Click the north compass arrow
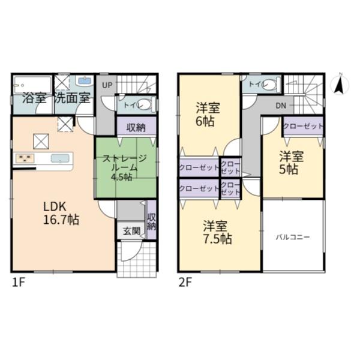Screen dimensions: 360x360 tap(340, 86)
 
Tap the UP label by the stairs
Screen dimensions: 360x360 tap(107, 85)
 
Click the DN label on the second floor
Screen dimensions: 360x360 tap(281, 106)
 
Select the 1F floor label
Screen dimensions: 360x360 tap(18, 283)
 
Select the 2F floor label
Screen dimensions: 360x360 tap(185, 283)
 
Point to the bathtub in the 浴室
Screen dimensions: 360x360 tap(32, 85)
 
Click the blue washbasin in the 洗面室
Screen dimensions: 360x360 tap(85, 80)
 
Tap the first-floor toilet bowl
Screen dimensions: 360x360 tap(145, 104)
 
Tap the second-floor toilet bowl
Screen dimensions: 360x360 tap(270, 84)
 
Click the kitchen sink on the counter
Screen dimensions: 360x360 tap(60, 158)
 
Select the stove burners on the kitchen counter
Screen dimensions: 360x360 tap(25, 158)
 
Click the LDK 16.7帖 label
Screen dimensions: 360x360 tap(61, 213)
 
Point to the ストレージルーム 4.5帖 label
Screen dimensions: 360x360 tap(124, 168)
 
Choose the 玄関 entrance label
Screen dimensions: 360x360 tap(131, 231)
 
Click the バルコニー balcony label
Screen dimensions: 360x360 tap(293, 237)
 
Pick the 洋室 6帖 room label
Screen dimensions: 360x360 tap(208, 115)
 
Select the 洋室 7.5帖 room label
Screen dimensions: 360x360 tap(217, 232)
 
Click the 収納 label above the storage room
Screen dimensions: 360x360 tap(136, 127)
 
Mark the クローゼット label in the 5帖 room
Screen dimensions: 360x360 tap(303, 126)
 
